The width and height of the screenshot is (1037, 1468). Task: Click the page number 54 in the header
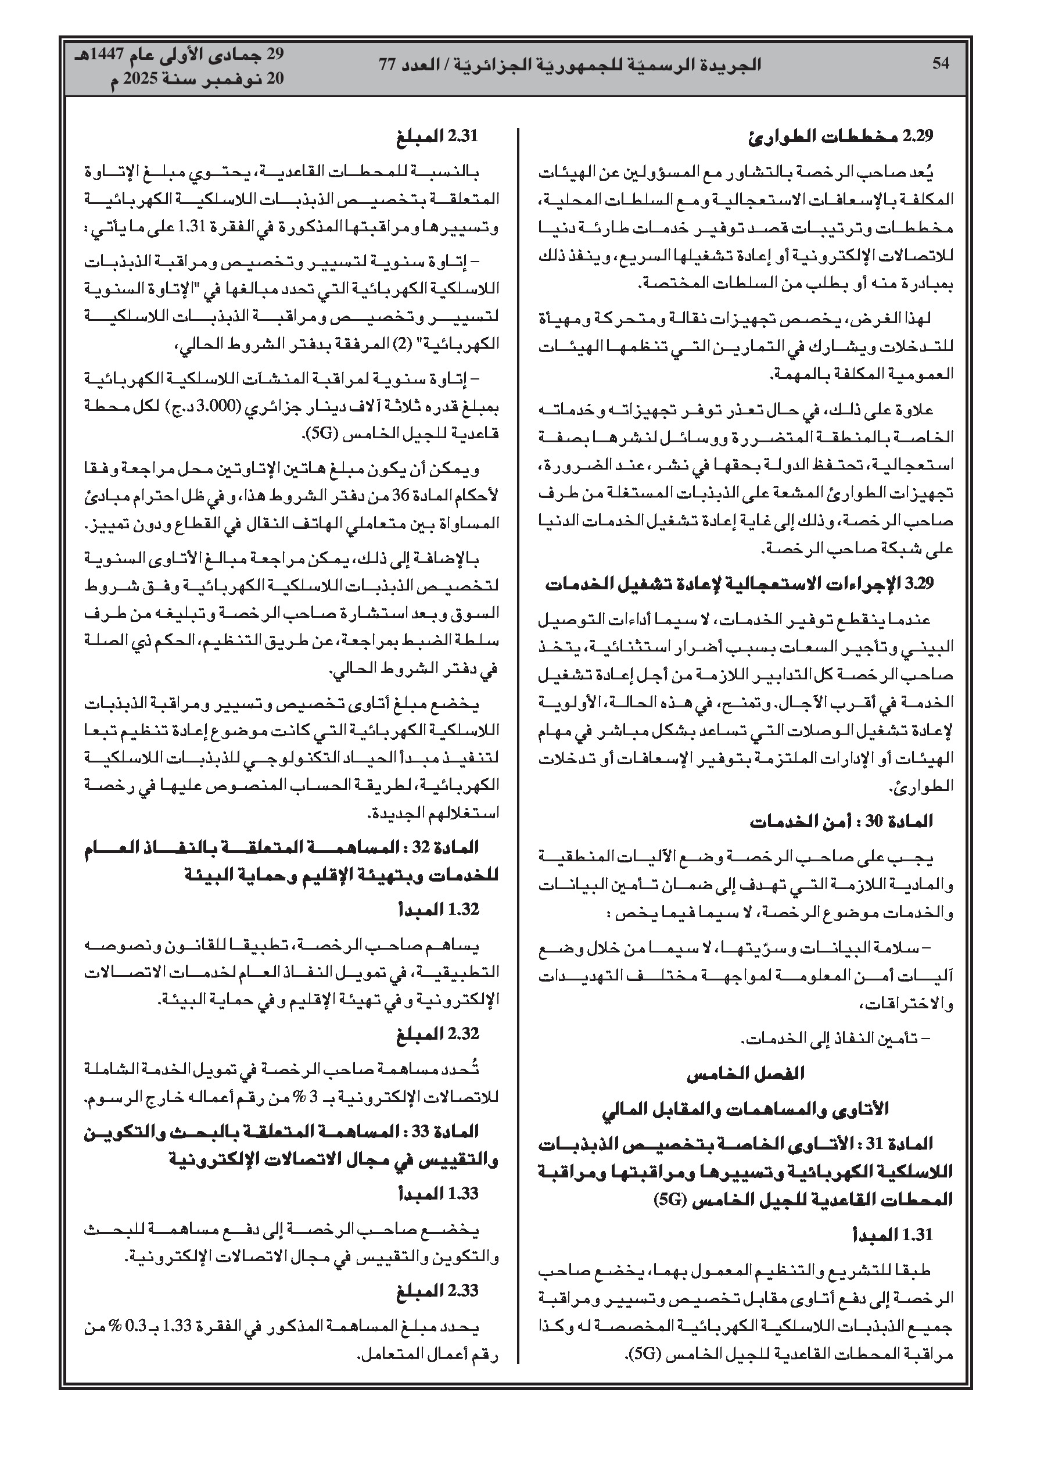(x=941, y=63)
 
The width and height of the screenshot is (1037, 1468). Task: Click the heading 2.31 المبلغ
(x=437, y=135)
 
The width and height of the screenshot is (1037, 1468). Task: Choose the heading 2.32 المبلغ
(x=437, y=1034)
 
